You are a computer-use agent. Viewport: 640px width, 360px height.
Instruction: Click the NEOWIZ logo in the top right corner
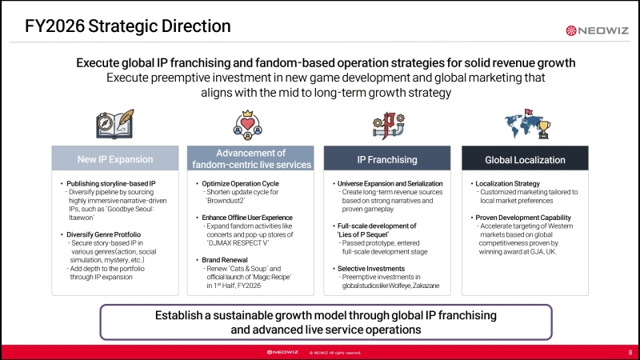[x=597, y=30]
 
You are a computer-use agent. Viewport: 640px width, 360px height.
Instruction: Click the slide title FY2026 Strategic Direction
[x=128, y=26]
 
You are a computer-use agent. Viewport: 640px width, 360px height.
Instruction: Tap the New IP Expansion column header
[x=115, y=158]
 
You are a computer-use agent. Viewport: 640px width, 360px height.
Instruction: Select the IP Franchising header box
[x=387, y=158]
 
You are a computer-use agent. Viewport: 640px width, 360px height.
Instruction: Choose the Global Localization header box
[x=525, y=158]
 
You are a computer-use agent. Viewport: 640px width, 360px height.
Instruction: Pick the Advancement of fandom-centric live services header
[x=250, y=158]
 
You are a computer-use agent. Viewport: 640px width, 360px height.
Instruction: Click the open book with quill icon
[x=115, y=124]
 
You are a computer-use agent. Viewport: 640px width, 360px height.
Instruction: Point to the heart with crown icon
[x=248, y=125]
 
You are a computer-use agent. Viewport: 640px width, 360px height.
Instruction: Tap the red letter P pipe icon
[x=388, y=126]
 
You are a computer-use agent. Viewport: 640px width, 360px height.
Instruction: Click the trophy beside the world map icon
[x=543, y=130]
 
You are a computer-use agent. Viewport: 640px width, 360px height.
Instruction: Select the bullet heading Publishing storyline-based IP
[x=111, y=184]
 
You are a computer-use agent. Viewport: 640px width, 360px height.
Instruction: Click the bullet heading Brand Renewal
[x=225, y=260]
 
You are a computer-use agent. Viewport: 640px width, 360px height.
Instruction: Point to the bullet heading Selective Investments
[x=371, y=269]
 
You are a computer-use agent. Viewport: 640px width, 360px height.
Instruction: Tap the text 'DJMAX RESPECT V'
[x=234, y=243]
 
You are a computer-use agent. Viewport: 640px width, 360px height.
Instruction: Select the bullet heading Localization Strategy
[x=507, y=184]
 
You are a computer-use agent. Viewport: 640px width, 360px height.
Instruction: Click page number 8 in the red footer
[x=630, y=352]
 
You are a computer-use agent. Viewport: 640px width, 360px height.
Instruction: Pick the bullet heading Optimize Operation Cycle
[x=241, y=184]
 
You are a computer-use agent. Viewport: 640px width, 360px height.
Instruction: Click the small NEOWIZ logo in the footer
[x=282, y=352]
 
